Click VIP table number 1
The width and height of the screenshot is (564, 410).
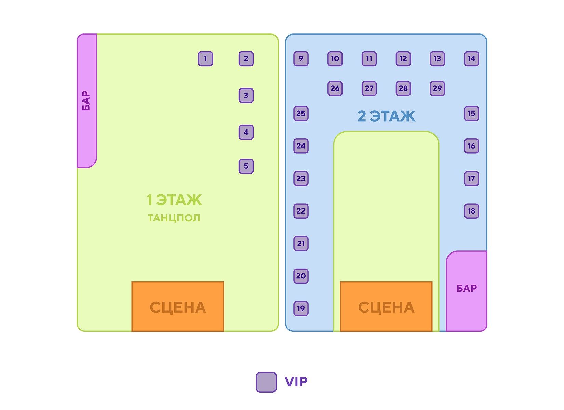pos(205,59)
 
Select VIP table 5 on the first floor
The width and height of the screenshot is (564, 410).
pos(246,166)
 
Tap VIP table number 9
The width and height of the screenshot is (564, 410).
pos(301,59)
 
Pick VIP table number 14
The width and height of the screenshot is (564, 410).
pos(471,59)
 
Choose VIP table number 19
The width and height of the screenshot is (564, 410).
pos(301,309)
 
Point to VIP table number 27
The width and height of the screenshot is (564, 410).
pos(369,88)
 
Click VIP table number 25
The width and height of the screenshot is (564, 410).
pos(301,113)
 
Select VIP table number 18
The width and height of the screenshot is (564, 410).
pos(471,211)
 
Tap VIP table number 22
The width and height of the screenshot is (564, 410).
pos(301,211)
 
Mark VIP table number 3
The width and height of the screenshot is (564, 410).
pos(246,95)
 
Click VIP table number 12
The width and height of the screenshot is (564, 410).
pos(403,59)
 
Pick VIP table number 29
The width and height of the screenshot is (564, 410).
pos(437,88)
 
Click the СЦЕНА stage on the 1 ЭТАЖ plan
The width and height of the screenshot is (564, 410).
pos(178,307)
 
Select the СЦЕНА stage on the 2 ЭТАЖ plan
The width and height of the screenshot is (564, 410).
pos(386,307)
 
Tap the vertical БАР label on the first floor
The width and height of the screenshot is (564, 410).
pos(86,100)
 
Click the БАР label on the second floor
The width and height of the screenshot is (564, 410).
pos(467,289)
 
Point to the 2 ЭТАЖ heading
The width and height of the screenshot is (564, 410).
pos(386,116)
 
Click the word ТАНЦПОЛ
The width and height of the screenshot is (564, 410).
pos(174,218)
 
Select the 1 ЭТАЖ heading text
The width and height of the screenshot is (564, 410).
pos(174,200)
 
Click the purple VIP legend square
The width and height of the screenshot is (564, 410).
pos(266,382)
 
